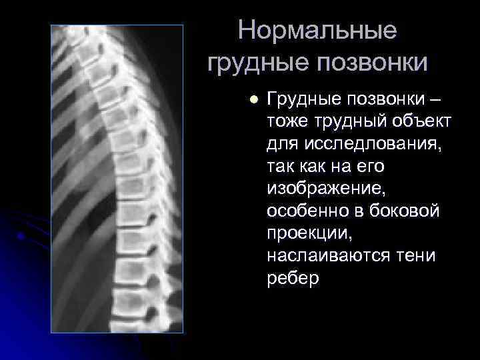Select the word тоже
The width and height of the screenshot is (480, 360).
[x=287, y=122]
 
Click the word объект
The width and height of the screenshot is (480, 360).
[x=423, y=122]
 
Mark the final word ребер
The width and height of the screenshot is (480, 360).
[x=293, y=277]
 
